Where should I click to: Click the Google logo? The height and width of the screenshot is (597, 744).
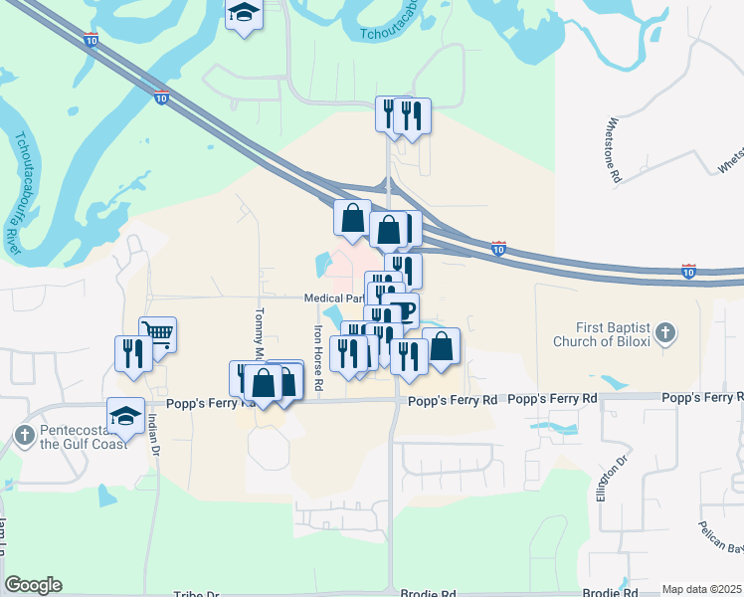point(33,585)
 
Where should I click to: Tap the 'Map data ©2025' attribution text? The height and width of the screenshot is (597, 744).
point(701,589)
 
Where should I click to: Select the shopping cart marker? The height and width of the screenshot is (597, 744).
point(158,334)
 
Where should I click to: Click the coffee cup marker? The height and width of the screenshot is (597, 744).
point(401,310)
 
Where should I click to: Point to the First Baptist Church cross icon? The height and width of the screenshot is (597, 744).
point(667,334)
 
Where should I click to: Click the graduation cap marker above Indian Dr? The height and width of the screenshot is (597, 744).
point(126,416)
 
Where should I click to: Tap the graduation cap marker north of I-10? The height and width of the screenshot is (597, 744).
point(242,16)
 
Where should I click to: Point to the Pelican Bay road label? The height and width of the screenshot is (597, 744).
point(719,536)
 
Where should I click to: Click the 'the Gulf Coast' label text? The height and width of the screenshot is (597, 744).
point(84,443)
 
